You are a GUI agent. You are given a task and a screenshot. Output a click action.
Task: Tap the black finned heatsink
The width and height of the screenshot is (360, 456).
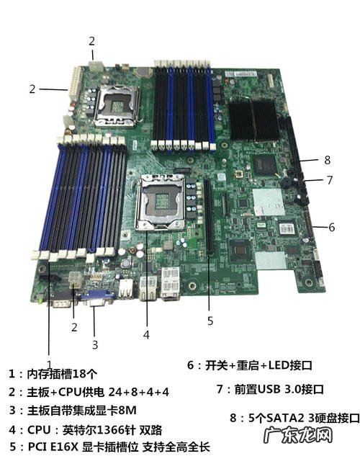(254, 119)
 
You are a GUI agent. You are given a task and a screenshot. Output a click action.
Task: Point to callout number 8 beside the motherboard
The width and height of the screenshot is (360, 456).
(327, 160)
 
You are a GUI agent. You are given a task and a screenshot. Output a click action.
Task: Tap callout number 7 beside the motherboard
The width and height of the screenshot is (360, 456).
(329, 180)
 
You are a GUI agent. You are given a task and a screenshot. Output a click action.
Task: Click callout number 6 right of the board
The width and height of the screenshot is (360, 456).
(331, 226)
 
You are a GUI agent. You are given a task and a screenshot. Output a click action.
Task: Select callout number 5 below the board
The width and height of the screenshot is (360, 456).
(210, 321)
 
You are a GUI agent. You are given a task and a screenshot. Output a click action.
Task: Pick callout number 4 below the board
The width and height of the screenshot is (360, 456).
(146, 334)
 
